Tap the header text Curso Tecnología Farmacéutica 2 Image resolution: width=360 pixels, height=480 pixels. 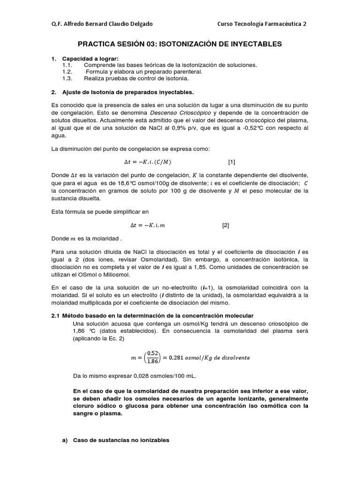262,24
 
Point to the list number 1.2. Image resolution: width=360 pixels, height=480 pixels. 67,72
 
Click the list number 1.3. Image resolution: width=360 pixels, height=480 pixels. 67,78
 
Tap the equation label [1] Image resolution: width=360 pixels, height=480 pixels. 232,162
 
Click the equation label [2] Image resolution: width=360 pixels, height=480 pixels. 225,225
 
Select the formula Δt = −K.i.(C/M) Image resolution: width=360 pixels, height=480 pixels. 148,162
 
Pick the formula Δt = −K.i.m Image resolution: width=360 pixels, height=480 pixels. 144,225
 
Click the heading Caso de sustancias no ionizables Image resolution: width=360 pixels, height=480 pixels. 121,440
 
